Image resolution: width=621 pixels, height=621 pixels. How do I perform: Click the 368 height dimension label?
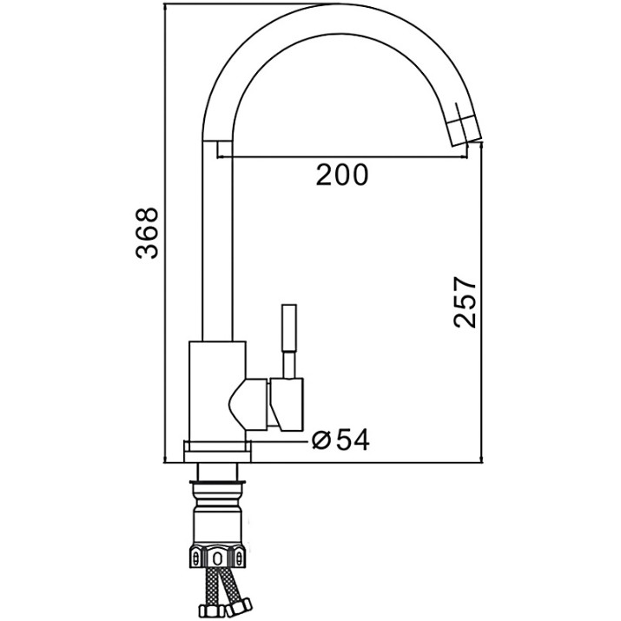pyautogui.click(x=147, y=233)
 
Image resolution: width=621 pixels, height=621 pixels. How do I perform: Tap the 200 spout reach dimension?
pyautogui.click(x=342, y=175)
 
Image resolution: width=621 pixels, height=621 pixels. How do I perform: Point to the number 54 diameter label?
pyautogui.click(x=353, y=439)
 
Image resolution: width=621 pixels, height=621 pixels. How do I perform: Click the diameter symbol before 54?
pyautogui.click(x=320, y=440)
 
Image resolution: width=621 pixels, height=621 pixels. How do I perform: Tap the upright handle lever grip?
pyautogui.click(x=289, y=327)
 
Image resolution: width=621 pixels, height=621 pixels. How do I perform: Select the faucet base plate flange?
pyautogui.click(x=217, y=452)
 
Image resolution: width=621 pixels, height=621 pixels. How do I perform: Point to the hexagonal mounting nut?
pyautogui.click(x=217, y=558)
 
